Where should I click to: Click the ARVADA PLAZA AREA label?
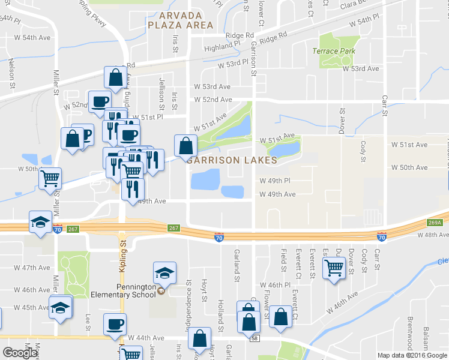point(180,20)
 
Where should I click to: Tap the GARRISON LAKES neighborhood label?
point(232,160)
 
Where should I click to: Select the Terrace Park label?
point(334,51)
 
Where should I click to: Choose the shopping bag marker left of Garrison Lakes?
point(185,145)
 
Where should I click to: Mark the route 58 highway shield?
point(255,340)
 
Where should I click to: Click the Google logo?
point(19,353)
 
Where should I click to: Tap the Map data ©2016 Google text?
point(412,355)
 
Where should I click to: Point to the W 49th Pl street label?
point(275,181)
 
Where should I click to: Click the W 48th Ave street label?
point(429,235)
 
